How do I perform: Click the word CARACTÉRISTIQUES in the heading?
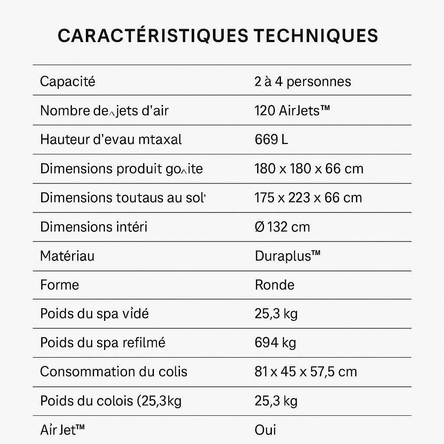(152, 36)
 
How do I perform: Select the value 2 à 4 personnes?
(303, 82)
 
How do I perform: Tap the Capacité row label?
(67, 82)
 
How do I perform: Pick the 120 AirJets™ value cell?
(292, 111)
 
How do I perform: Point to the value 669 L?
(271, 140)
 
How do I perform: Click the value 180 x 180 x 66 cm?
(309, 169)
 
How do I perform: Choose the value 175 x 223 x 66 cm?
(308, 198)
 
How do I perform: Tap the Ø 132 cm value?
(282, 227)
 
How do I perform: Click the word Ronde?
(274, 285)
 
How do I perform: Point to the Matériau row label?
(67, 256)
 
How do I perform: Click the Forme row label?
(59, 285)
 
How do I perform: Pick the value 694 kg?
(275, 343)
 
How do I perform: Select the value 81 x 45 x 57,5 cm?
(306, 372)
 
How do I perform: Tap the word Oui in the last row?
(265, 430)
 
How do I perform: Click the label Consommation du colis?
(114, 372)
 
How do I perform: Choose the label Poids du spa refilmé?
(103, 343)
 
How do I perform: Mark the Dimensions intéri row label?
(94, 227)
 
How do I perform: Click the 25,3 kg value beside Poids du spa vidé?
(276, 314)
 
